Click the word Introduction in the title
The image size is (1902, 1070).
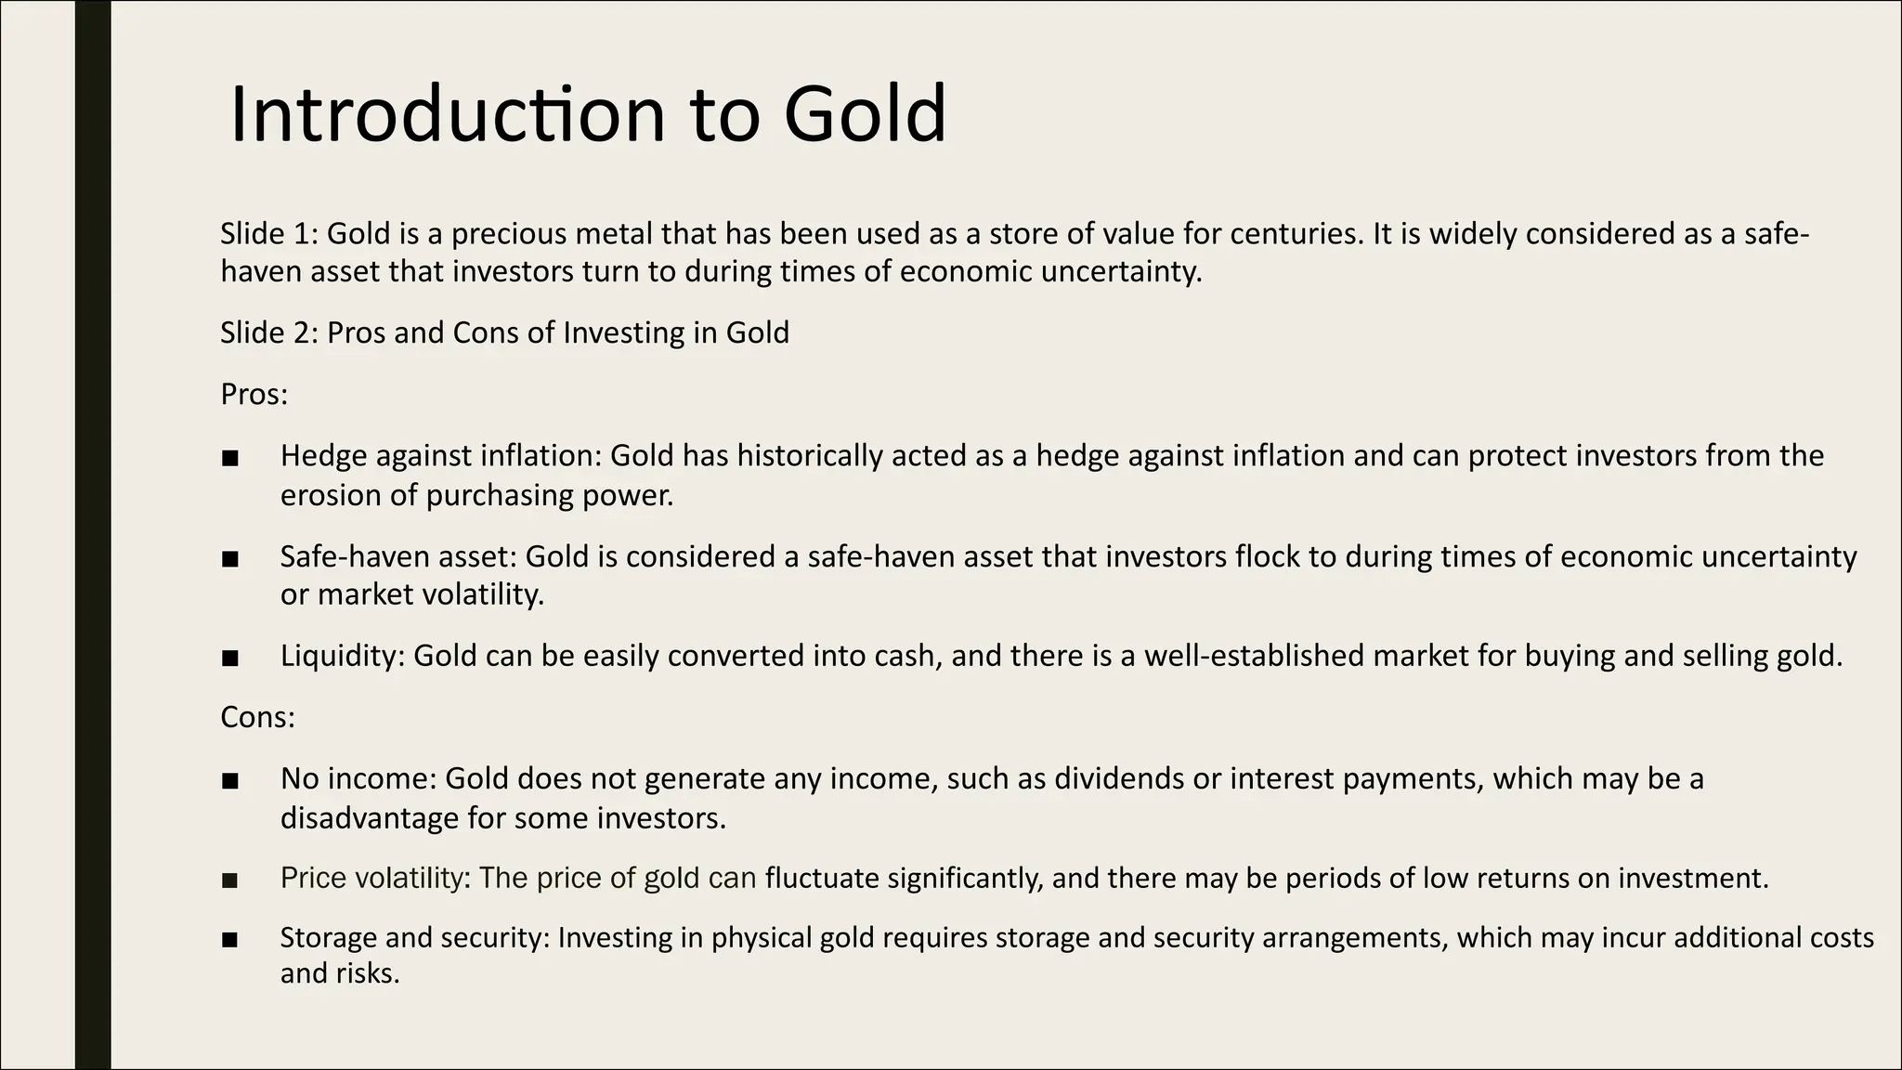pyautogui.click(x=447, y=115)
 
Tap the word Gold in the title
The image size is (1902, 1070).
pyautogui.click(x=864, y=115)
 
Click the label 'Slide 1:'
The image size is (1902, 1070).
pyautogui.click(x=269, y=233)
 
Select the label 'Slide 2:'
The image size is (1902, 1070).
pyautogui.click(x=269, y=333)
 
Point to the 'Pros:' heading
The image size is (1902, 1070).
pyautogui.click(x=254, y=395)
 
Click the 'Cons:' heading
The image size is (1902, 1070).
pyautogui.click(x=257, y=717)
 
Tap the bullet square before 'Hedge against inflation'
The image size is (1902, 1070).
pyautogui.click(x=230, y=458)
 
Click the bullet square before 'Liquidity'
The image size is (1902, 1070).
pyautogui.click(x=230, y=659)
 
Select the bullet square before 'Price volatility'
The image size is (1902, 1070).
pyautogui.click(x=230, y=880)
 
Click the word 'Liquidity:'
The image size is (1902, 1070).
pyautogui.click(x=343, y=656)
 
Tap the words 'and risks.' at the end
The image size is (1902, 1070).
pyautogui.click(x=339, y=973)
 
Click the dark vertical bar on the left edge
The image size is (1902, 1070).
pyautogui.click(x=93, y=535)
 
